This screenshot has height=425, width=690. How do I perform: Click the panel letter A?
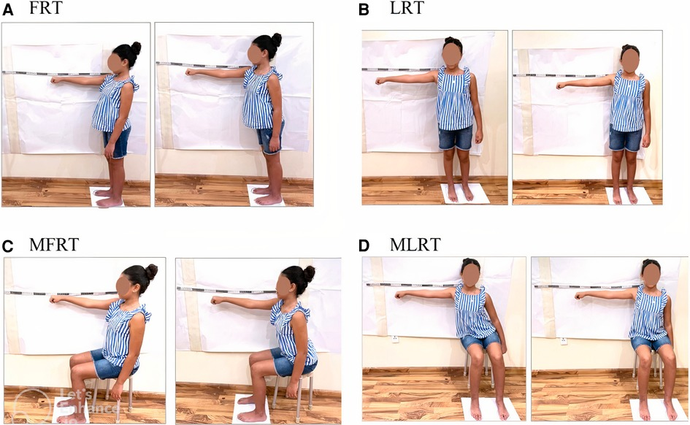8,9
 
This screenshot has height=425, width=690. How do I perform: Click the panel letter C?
8,245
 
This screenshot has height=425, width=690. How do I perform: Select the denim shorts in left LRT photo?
455,137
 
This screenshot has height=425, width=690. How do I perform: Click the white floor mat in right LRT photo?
629,196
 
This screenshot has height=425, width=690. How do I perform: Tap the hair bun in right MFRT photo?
309,273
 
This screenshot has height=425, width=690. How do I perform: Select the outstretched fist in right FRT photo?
190,72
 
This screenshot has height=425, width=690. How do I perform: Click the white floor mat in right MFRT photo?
250,409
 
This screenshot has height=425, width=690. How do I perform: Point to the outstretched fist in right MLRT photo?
578,296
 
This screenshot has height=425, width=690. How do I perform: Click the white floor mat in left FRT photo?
106,196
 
